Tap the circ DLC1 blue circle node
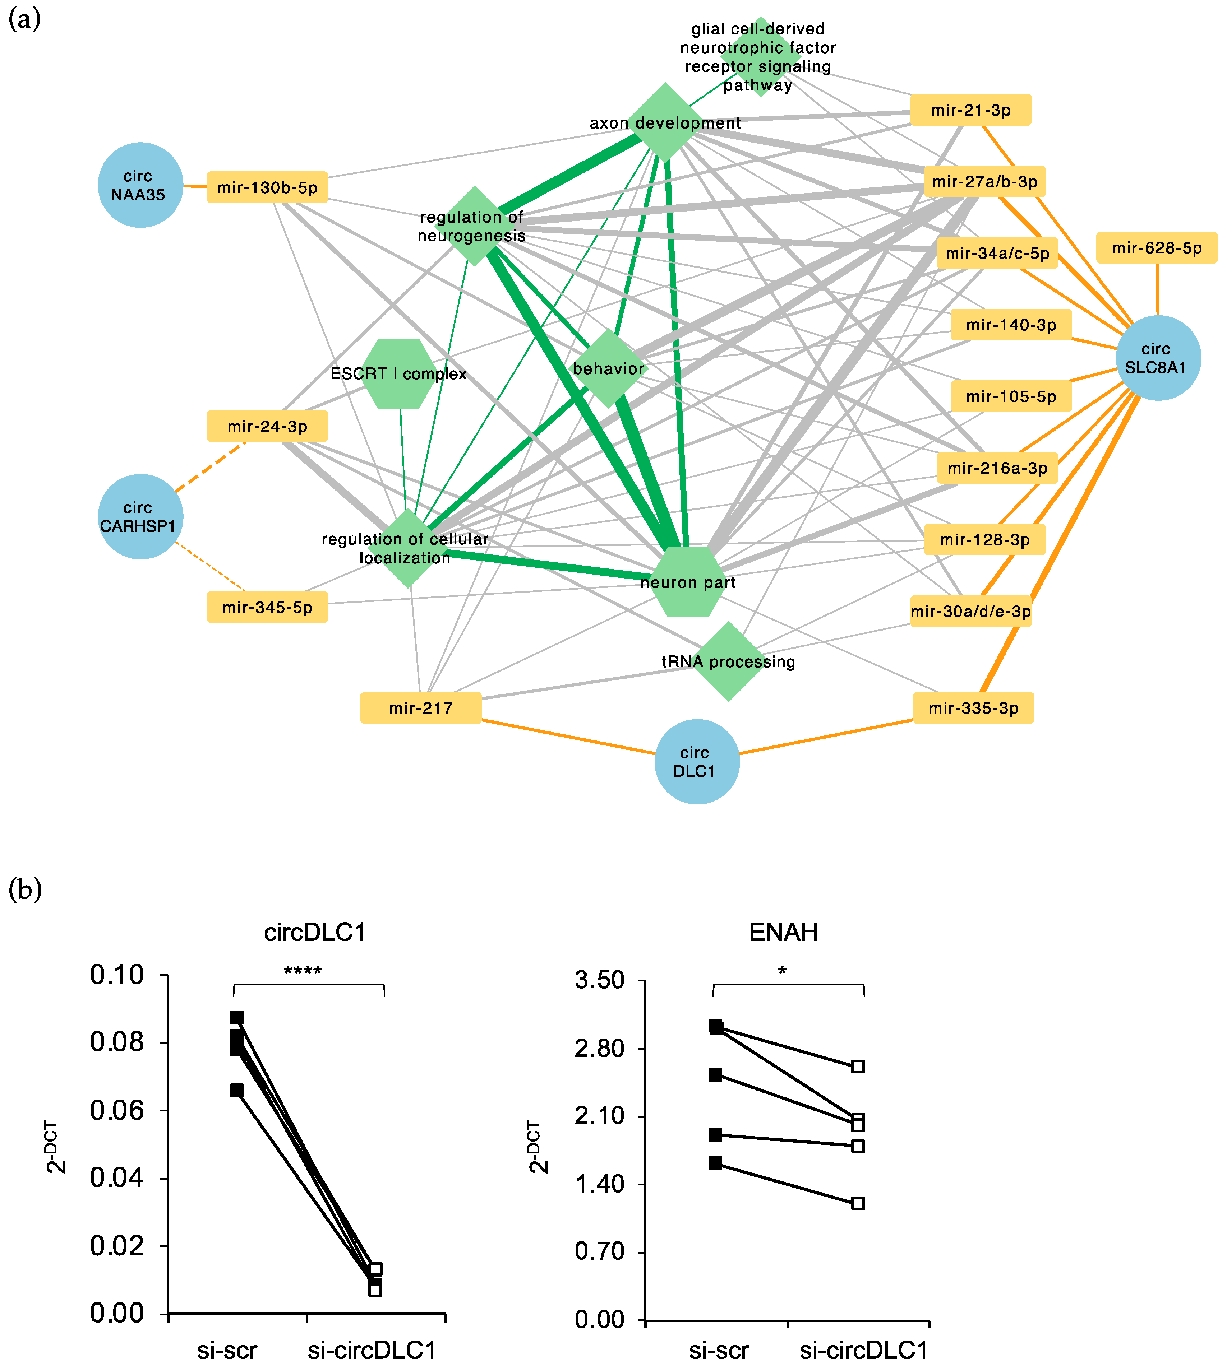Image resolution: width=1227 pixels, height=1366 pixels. (x=696, y=762)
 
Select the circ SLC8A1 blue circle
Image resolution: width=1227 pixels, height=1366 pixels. (x=1158, y=358)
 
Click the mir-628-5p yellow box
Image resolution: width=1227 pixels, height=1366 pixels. (x=1156, y=248)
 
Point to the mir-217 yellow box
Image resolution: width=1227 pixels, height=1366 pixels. (x=421, y=707)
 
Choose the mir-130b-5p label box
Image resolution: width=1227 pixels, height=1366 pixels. (x=267, y=187)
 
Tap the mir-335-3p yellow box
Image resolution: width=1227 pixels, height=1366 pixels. (x=973, y=707)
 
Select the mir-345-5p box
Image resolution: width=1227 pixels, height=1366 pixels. (x=267, y=607)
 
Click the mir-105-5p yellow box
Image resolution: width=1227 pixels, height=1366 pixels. (x=1011, y=396)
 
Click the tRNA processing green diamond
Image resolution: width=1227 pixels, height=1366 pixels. (x=728, y=662)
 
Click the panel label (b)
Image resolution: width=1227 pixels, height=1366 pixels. (x=25, y=889)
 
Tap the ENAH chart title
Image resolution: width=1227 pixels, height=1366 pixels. (x=783, y=932)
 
